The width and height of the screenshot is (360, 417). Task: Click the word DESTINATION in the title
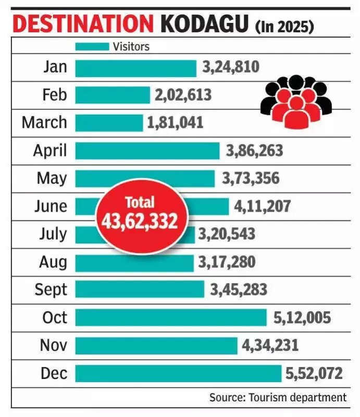pos(82,24)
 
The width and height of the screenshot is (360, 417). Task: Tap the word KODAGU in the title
pos(205,24)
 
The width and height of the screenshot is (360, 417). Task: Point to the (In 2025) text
pos(284,26)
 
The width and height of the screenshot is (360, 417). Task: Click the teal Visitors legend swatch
pos(92,46)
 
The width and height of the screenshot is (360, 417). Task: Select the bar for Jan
pos(135,68)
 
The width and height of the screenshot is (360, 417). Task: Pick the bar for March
pos(108,122)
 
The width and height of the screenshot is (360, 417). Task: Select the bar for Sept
pos(139,289)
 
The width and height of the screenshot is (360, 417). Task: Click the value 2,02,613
pos(183,95)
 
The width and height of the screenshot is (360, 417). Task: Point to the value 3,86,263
pos(254,151)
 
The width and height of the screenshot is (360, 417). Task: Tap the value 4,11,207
pos(263,206)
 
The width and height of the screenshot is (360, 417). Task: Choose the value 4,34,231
pos(270,345)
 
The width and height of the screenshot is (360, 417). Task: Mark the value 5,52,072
pos(314,373)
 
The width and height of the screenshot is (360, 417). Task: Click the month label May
pos(52,178)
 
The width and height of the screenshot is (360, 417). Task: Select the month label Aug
pos(53,262)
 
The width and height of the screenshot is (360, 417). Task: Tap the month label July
pos(53,234)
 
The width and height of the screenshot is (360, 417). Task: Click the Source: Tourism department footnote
pos(278,397)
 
